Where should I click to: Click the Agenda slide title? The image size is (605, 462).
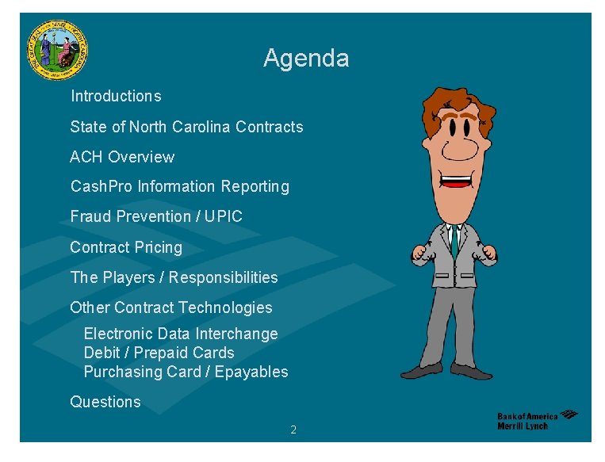305,59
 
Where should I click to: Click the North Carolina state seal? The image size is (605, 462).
57,50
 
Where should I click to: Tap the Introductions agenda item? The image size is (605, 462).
116,97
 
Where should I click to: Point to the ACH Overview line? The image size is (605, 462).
122,157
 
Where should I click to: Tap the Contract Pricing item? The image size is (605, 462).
126,247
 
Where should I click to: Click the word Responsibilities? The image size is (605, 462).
224,277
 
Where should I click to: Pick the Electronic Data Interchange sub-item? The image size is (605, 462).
181,334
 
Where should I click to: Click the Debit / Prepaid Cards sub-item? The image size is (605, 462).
159,353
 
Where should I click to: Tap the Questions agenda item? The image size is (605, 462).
105,402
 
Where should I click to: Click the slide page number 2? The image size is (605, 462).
293,430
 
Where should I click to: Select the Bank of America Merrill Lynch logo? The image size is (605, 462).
537,420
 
